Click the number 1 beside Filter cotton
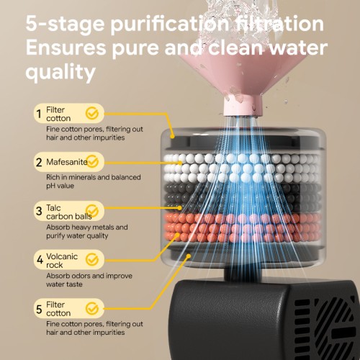point(39,114)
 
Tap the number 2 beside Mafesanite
point(39,162)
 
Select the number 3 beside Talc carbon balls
point(39,211)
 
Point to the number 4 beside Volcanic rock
point(40,259)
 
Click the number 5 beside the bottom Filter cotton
point(39,309)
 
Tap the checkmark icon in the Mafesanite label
point(92,161)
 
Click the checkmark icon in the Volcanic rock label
point(92,259)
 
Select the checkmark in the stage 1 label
point(92,113)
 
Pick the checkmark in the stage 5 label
point(92,308)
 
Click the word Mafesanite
point(67,162)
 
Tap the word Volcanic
point(62,256)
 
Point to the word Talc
point(53,207)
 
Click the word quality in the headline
point(60,72)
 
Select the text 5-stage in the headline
point(65,24)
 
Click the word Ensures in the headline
point(66,48)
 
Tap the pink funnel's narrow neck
point(243,106)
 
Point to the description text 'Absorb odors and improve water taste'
point(89,280)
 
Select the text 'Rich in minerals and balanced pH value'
point(94,181)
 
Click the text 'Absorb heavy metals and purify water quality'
point(87,231)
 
